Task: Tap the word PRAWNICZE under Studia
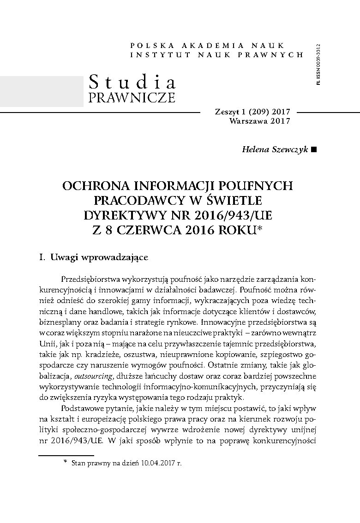coord(132,98)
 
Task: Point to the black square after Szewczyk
coord(314,150)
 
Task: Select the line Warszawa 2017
coord(259,121)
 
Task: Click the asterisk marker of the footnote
coord(66,462)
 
